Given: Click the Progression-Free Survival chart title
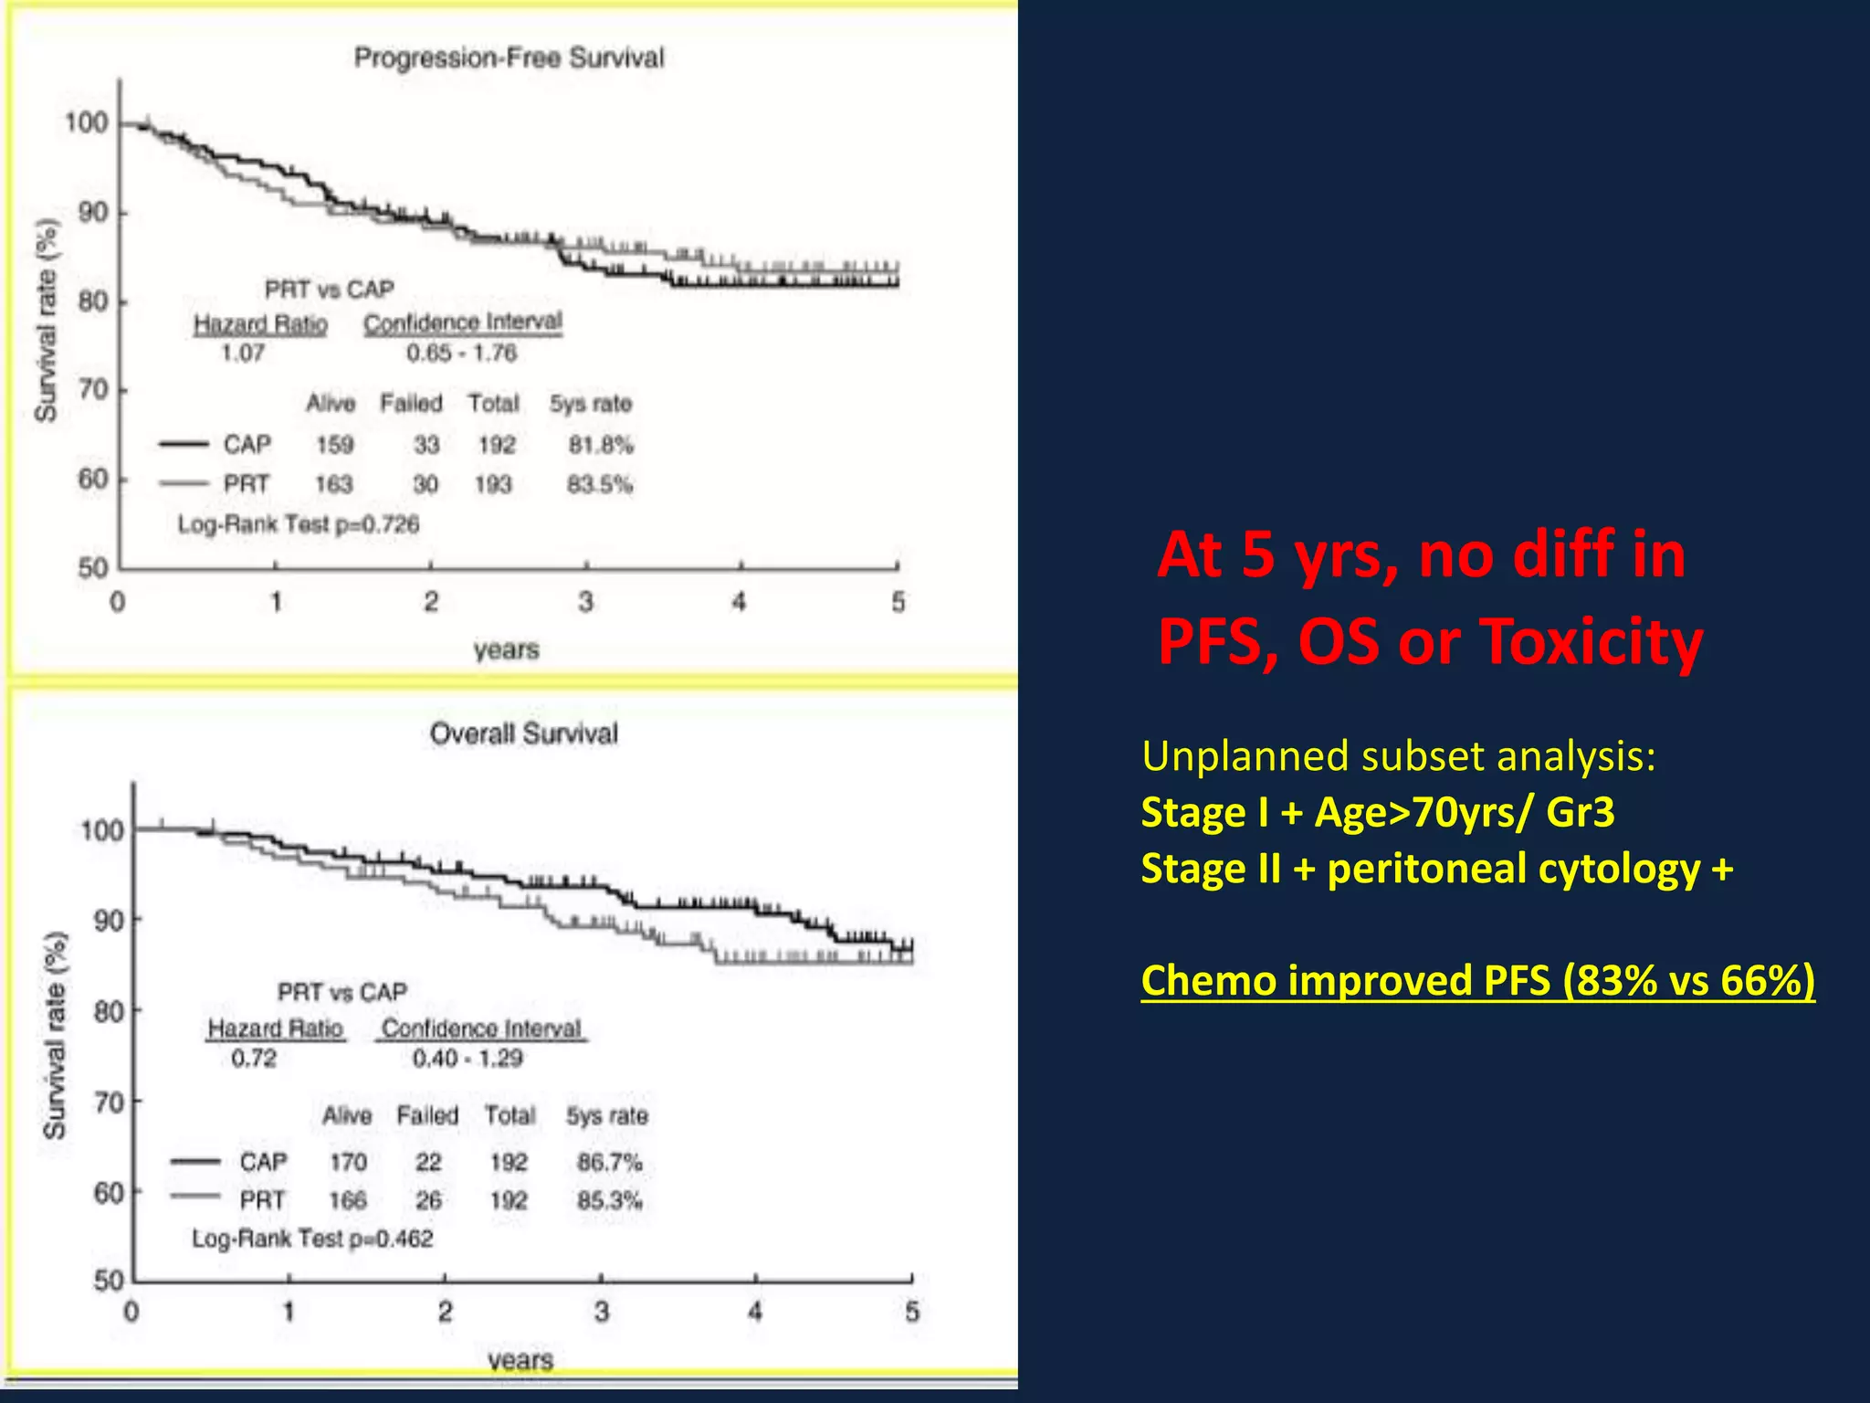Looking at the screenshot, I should [509, 58].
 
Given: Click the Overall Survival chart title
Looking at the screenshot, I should [523, 733].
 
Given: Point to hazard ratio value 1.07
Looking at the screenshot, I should [243, 353].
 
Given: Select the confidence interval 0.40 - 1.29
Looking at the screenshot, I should [467, 1058].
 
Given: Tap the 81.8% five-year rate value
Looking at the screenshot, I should [601, 445].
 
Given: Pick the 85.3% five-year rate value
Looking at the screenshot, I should [609, 1199].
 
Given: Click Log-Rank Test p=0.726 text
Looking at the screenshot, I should [299, 524].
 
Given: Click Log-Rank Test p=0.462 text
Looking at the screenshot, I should [312, 1239].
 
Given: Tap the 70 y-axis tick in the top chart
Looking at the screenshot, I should [93, 390].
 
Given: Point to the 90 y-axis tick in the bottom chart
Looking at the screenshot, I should [109, 920].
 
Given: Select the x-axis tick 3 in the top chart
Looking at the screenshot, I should [585, 602].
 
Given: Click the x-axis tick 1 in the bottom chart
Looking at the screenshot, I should [289, 1313].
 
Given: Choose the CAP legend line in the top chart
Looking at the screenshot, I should [184, 445].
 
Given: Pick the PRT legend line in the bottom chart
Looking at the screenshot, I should [195, 1197].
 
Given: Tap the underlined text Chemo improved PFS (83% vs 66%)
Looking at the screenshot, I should [1477, 980].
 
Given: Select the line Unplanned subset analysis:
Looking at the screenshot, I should [1398, 756].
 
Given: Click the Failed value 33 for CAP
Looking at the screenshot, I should [426, 445].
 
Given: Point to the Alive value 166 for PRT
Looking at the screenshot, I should [348, 1199].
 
